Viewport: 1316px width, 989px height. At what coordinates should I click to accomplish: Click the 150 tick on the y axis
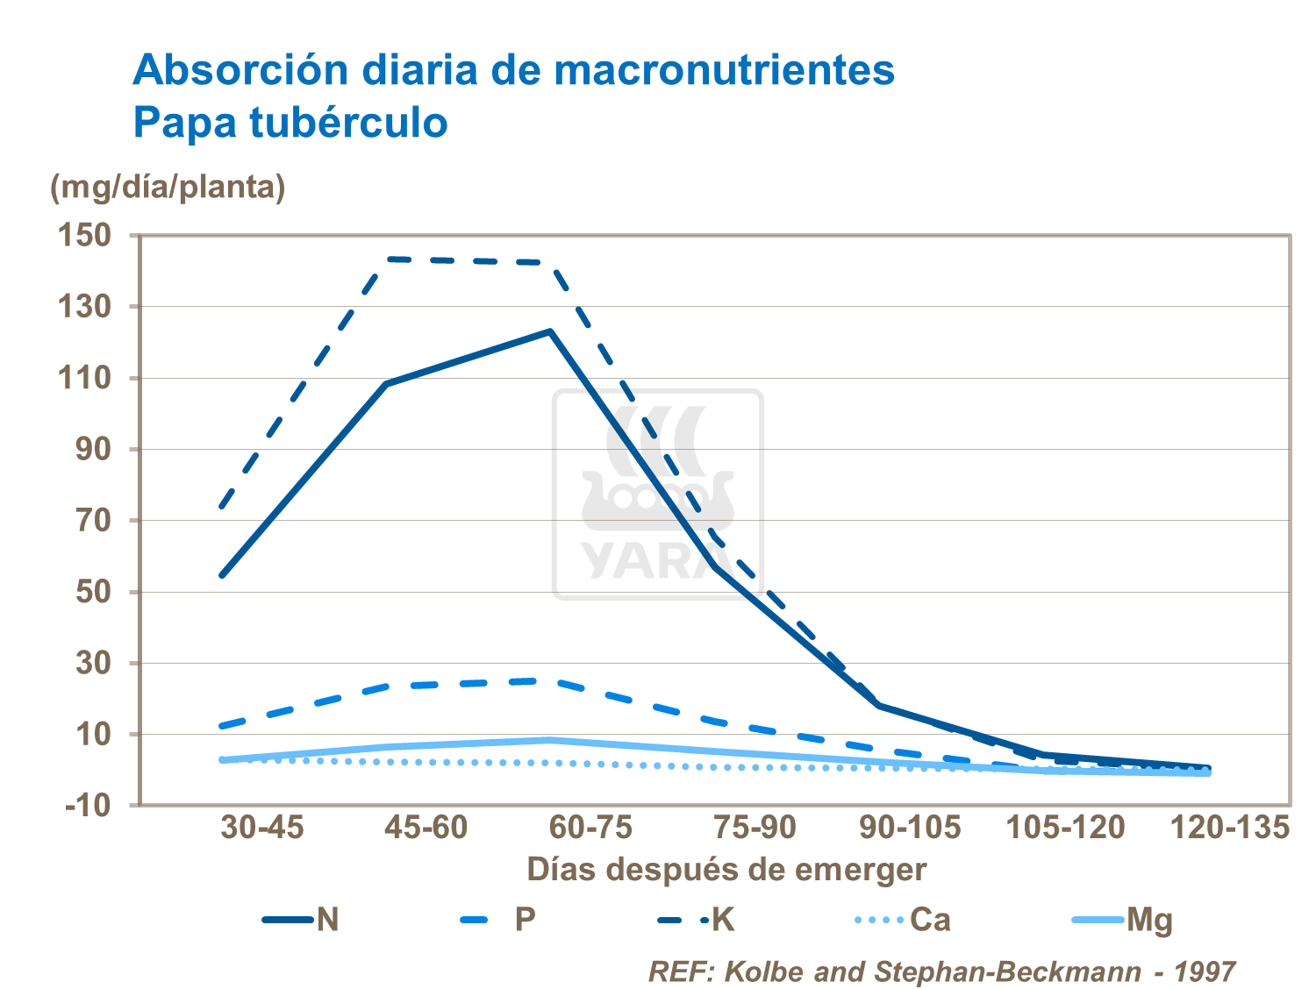point(84,235)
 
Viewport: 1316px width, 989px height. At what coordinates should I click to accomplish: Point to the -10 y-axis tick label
point(89,805)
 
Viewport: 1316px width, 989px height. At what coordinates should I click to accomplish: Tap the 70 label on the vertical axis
point(92,520)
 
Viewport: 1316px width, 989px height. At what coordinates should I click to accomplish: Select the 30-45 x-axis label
point(261,828)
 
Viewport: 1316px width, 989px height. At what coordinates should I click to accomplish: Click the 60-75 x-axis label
point(590,828)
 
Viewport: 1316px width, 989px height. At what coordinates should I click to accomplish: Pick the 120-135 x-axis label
point(1230,828)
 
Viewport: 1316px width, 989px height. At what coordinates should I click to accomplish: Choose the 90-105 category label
point(909,828)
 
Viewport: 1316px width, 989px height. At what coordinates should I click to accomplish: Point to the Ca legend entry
point(903,920)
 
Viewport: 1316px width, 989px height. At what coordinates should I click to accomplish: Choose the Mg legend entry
point(1122,920)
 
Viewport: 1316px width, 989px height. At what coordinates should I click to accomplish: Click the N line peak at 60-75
point(550,331)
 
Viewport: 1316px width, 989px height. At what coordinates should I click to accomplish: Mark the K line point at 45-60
point(386,259)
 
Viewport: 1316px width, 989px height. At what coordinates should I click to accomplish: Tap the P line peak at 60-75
point(550,680)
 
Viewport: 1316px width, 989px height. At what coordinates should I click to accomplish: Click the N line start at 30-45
point(222,575)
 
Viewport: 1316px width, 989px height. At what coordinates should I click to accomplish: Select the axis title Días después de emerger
point(726,870)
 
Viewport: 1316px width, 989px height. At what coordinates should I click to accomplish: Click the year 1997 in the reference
point(1205,971)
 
